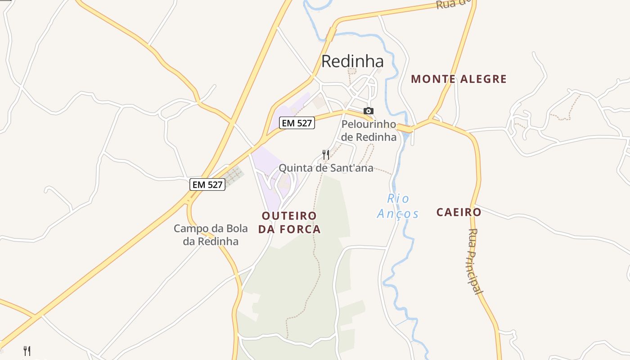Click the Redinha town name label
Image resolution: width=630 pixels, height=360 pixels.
tap(352, 61)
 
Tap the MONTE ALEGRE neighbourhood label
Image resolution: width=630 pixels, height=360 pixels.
tap(459, 79)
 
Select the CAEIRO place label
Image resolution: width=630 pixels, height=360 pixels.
tap(459, 212)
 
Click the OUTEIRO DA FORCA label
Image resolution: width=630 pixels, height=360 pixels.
tap(289, 222)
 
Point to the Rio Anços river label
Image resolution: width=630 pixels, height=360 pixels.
tap(398, 206)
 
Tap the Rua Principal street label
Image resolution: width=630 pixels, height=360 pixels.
tap(475, 261)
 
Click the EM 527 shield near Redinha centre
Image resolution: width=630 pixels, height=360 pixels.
tap(297, 123)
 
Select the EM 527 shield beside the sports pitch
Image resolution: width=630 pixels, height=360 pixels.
tap(207, 184)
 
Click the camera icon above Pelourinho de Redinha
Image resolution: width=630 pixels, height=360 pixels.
tap(368, 111)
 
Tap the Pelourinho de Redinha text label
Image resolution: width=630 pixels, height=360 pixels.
tap(369, 130)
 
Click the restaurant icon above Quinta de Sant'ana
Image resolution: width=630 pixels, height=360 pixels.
tap(326, 155)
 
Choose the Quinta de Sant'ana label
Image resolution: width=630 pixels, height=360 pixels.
tap(326, 168)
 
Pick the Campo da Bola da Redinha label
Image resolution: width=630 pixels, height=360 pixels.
tap(211, 234)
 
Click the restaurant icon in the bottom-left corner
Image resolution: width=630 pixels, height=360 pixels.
tap(27, 351)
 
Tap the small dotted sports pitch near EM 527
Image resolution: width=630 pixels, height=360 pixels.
tap(233, 176)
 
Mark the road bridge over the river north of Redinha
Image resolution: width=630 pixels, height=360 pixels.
tap(332, 35)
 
